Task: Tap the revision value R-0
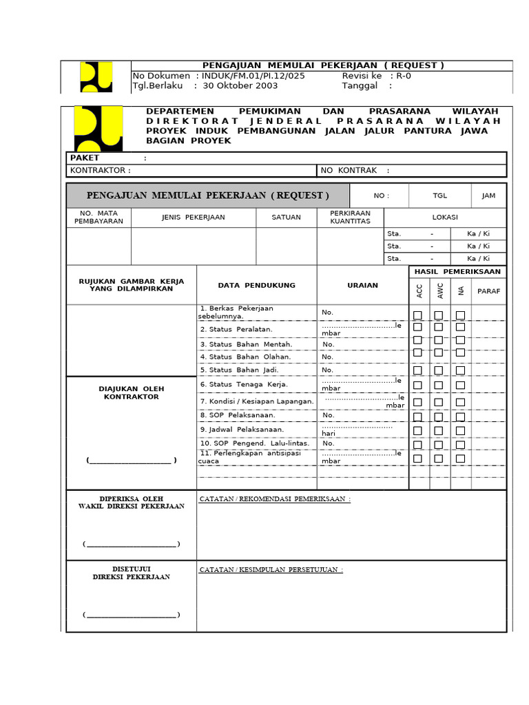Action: click(x=401, y=76)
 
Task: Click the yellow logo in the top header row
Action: click(x=96, y=76)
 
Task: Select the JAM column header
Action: click(x=488, y=196)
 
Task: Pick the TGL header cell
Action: click(x=439, y=196)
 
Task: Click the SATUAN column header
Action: click(x=286, y=217)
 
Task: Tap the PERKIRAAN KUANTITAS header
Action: click(x=350, y=218)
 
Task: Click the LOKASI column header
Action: click(x=444, y=217)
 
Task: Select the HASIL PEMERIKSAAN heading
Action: click(x=457, y=272)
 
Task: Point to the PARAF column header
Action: click(x=489, y=291)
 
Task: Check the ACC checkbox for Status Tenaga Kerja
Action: click(x=417, y=386)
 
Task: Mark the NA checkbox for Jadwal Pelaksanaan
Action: click(x=460, y=431)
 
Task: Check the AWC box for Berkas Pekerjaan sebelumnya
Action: click(x=439, y=315)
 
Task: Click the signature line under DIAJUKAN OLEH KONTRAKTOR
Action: click(x=132, y=461)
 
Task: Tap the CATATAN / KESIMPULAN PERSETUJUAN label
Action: click(x=271, y=570)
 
